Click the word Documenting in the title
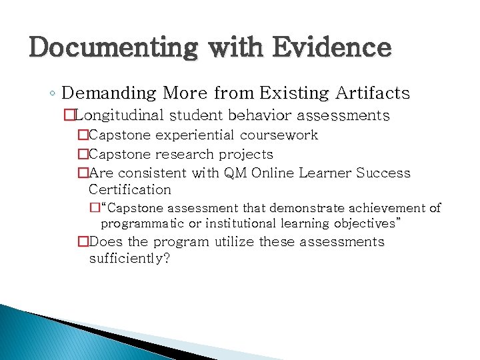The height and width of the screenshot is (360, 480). pos(113,48)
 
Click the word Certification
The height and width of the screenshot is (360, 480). pos(130,189)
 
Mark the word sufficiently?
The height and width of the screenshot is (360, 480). pos(129,258)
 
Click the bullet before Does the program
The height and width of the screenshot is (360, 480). pos(83,241)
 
